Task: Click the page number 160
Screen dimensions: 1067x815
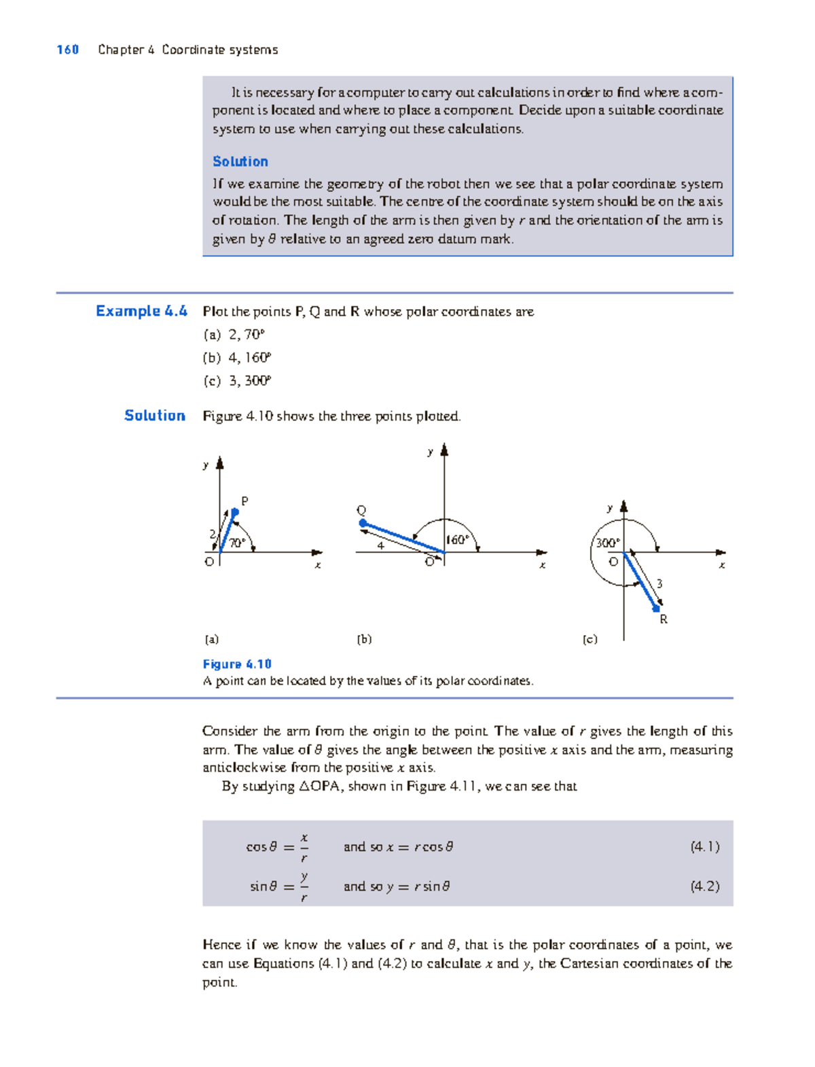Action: (68, 50)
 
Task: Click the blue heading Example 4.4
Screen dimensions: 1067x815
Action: (141, 311)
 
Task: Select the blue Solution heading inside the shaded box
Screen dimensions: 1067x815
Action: (240, 162)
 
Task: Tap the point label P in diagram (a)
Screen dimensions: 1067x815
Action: (245, 501)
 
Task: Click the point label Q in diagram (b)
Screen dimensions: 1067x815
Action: (361, 510)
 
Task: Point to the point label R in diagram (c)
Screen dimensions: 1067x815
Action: (664, 619)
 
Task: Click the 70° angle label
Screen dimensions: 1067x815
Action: (237, 543)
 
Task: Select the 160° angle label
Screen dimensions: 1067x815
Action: (458, 540)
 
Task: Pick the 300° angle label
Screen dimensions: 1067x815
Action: (607, 543)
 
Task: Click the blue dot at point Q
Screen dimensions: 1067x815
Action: (363, 524)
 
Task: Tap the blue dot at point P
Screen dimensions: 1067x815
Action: (235, 512)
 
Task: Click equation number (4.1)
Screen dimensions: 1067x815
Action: (704, 846)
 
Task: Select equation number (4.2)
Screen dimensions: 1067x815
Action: (704, 886)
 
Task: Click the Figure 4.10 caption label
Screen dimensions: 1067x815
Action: (237, 664)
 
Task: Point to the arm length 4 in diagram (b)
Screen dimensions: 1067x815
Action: (381, 545)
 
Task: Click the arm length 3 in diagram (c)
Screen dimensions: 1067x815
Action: (659, 584)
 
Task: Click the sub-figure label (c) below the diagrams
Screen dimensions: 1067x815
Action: (590, 639)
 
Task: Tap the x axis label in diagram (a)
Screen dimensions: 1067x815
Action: (317, 565)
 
